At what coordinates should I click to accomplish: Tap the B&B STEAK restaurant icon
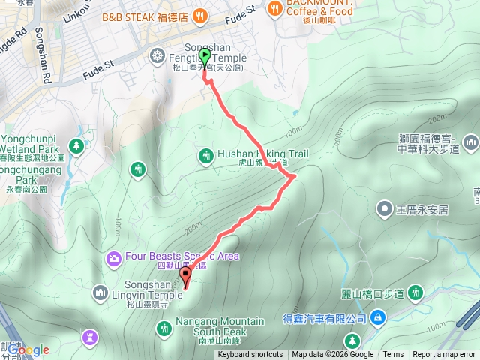tap(199, 15)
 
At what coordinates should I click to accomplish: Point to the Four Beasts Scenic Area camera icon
tap(113, 258)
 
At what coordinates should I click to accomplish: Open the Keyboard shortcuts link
tap(250, 355)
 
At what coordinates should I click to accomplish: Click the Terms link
tap(393, 355)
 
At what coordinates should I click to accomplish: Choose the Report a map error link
tap(444, 355)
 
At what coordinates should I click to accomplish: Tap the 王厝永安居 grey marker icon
tap(385, 208)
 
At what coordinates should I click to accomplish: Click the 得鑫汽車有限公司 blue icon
tap(378, 318)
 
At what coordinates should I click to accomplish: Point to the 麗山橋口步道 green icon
tap(417, 291)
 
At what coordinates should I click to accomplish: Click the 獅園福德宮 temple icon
tap(471, 141)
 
